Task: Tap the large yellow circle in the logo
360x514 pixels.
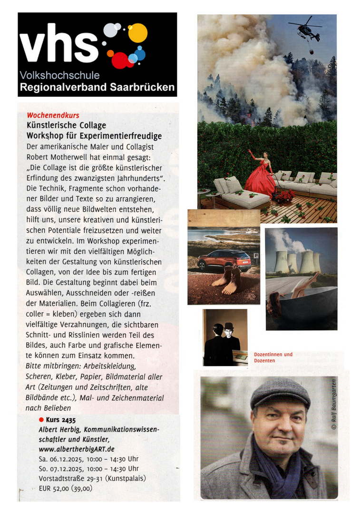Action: tap(138, 33)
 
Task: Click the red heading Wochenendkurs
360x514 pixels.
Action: tap(53, 115)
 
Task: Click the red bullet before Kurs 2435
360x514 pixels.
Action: tap(41, 420)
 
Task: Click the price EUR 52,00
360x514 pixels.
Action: tap(55, 488)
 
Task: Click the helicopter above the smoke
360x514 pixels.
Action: tap(305, 30)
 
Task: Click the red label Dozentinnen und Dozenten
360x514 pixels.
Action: tap(273, 357)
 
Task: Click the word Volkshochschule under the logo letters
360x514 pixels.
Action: tap(60, 75)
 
